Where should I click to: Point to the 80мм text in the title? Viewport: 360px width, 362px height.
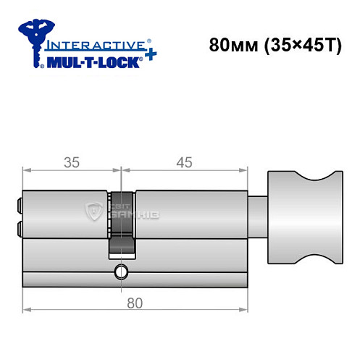click(x=228, y=44)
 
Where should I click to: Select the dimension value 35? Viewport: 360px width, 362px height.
click(x=71, y=163)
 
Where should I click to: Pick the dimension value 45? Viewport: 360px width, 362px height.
click(x=184, y=163)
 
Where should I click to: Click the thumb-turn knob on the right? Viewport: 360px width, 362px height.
click(x=304, y=217)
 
